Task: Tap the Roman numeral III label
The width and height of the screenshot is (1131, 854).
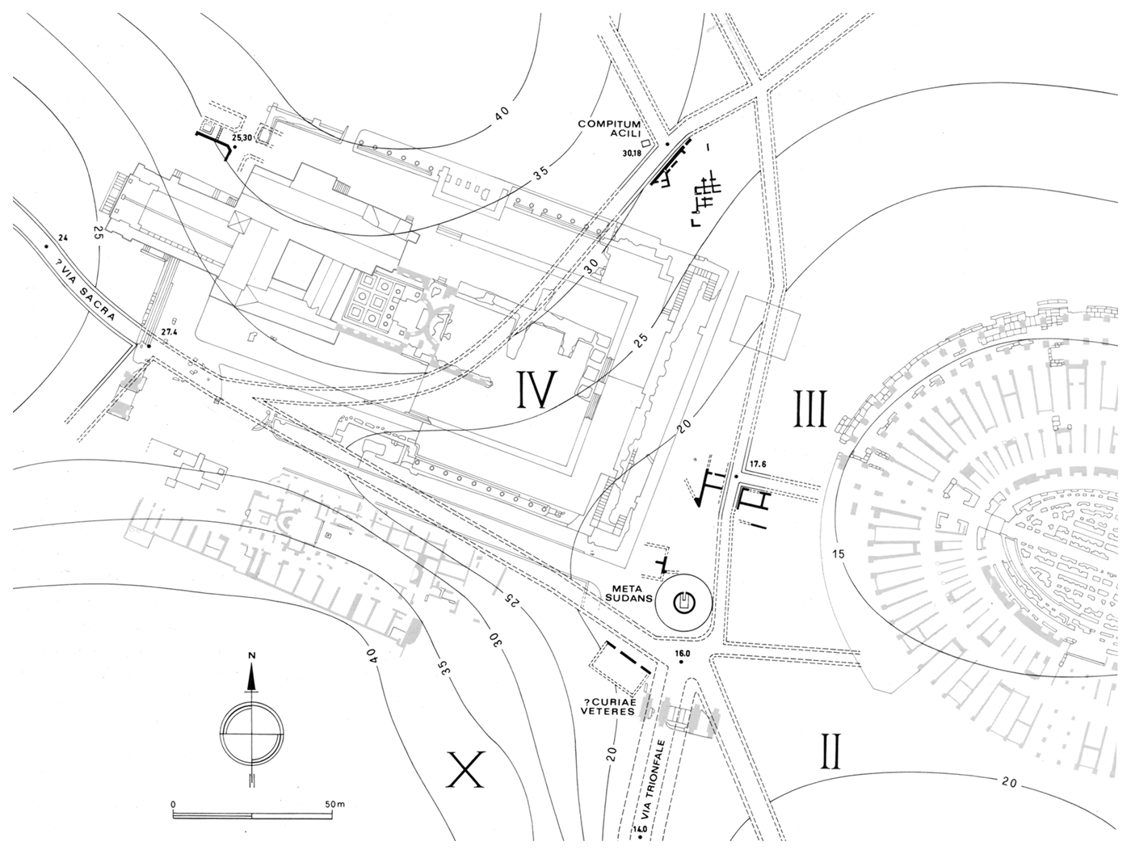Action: pos(810,408)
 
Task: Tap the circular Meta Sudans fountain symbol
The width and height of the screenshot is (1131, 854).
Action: pos(683,601)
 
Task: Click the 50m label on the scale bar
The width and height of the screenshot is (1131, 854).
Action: pos(334,805)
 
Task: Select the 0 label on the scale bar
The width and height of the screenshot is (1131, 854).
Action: pos(174,805)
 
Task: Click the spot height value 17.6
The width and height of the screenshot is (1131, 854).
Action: pos(756,465)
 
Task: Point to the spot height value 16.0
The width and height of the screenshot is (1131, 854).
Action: pos(684,653)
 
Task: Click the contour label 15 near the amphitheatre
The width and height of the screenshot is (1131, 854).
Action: pos(837,553)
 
